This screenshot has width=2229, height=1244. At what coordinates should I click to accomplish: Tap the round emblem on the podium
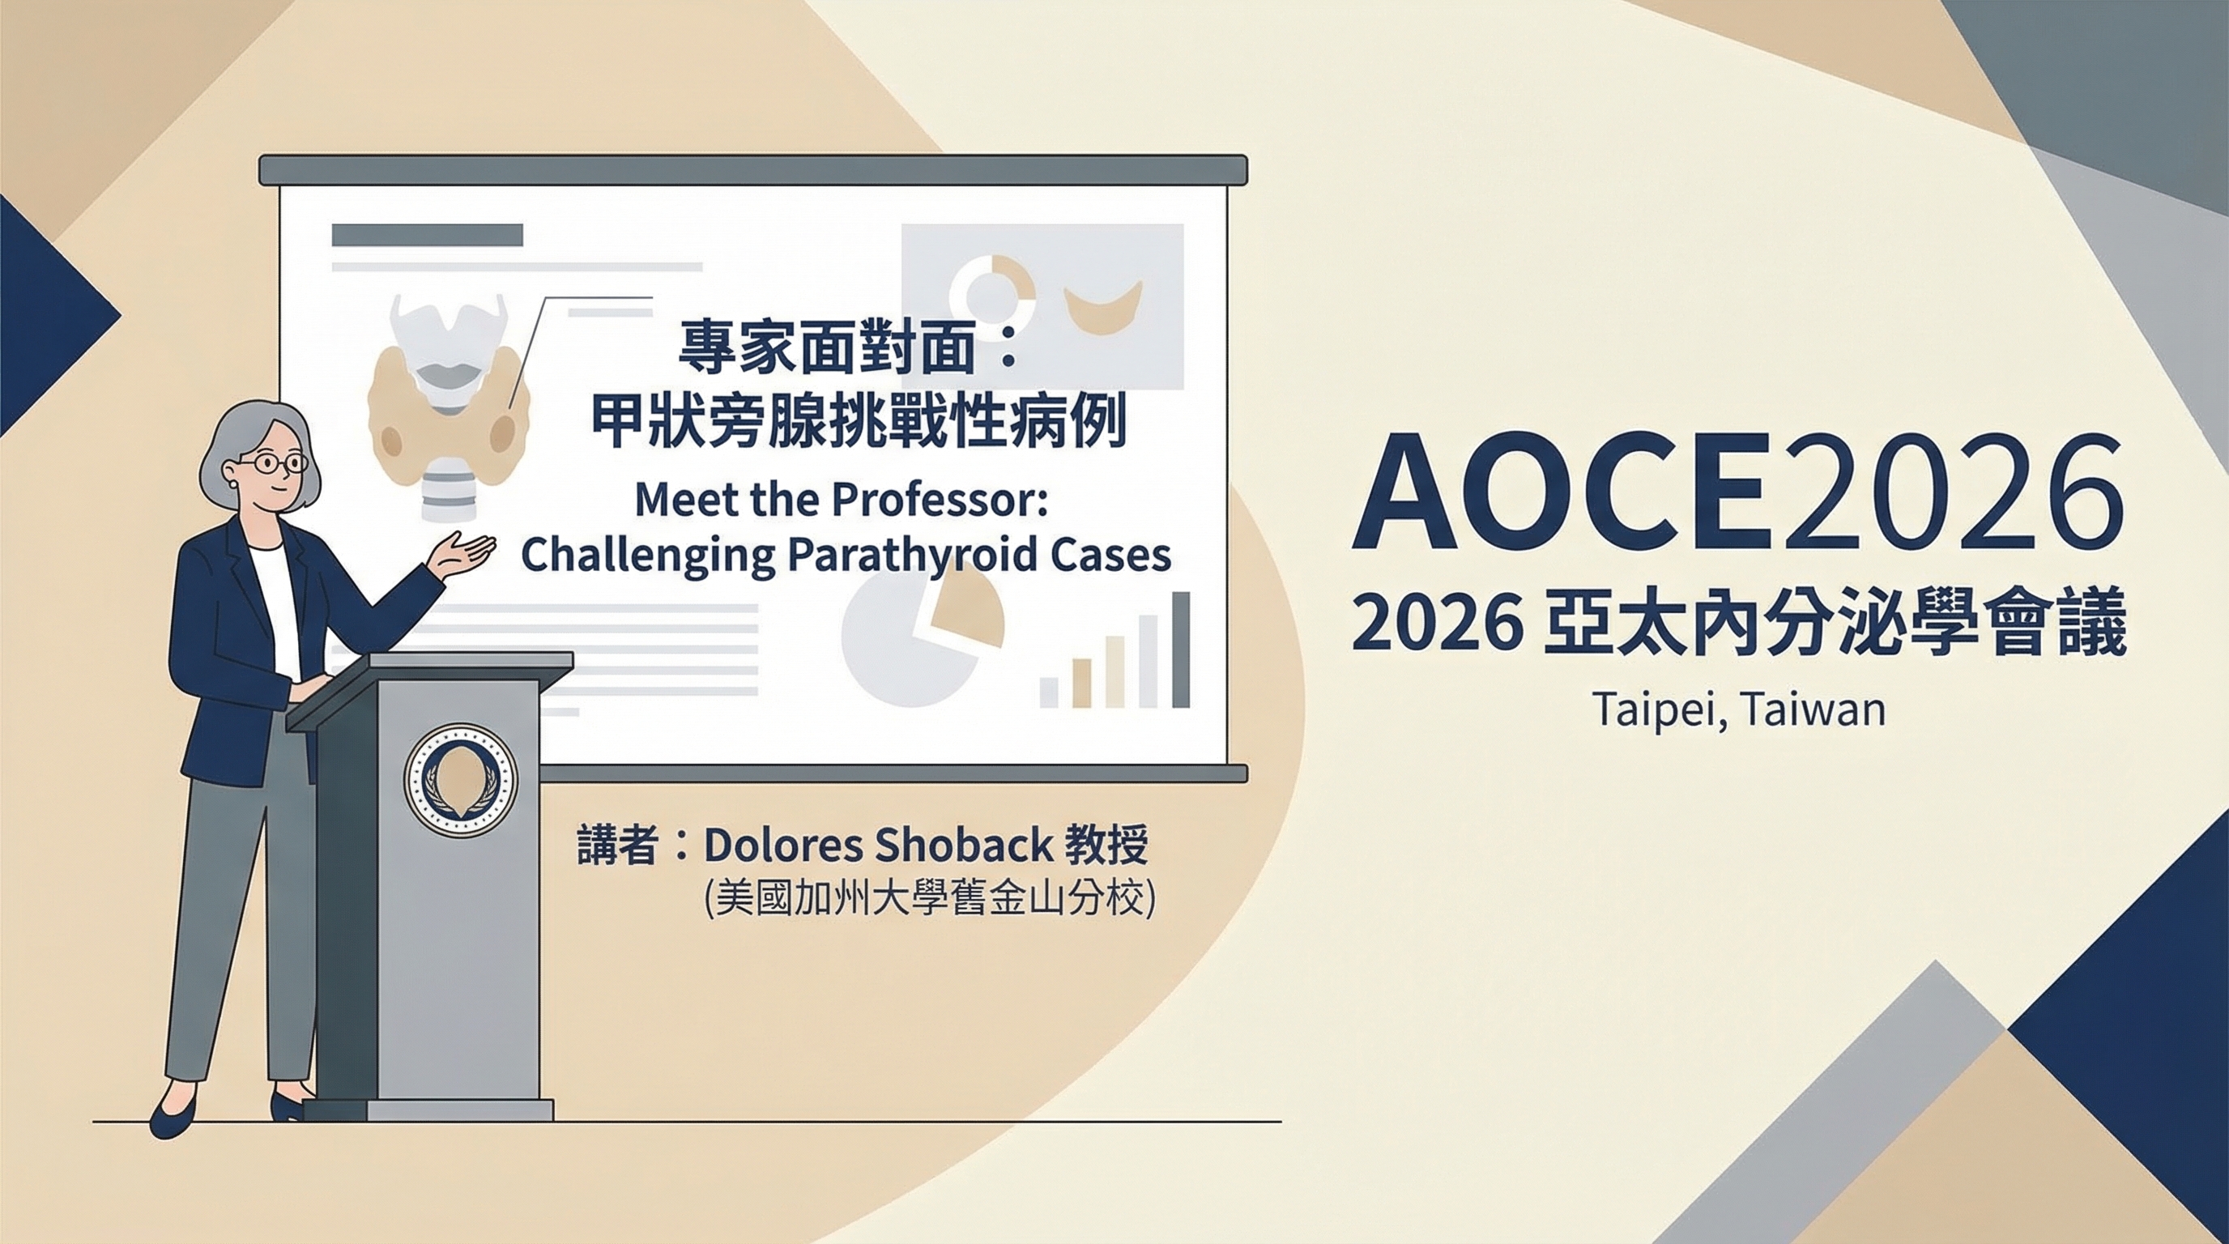(x=460, y=779)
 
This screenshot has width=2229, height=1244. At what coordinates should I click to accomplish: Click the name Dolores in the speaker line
(x=782, y=846)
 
